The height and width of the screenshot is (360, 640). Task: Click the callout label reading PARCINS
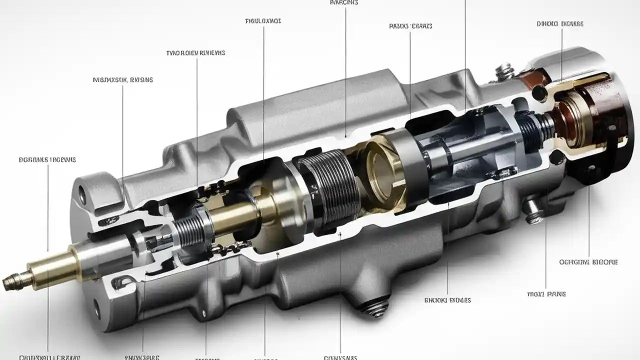pos(344,2)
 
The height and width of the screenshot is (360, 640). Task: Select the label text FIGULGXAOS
pos(263,21)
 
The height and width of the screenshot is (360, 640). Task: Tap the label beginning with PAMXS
pos(410,26)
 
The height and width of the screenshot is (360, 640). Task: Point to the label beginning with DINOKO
pos(559,23)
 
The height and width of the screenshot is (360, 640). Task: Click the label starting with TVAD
pos(195,52)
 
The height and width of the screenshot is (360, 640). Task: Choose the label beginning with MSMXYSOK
pos(123,79)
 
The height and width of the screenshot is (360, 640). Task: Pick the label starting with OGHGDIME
pos(588,261)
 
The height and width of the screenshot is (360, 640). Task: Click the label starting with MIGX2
pos(546,294)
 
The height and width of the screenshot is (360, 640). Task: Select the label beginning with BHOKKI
pos(447,300)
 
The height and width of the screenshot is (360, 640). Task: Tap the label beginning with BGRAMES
pos(47,160)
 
